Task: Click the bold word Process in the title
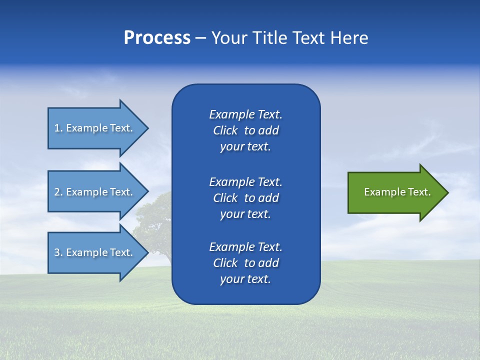coord(157,38)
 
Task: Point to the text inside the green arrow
coord(397,192)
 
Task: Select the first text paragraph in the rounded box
coord(245,130)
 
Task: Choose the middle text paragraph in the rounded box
coord(245,198)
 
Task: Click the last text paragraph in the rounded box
coord(245,263)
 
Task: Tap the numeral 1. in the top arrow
coord(58,128)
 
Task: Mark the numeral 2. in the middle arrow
coord(58,192)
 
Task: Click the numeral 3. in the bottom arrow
coord(58,252)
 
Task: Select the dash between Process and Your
coord(200,38)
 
